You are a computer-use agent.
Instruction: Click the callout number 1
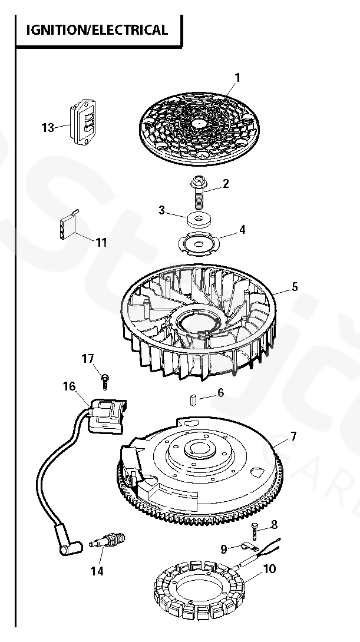pos(237,77)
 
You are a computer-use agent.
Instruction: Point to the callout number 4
pos(242,229)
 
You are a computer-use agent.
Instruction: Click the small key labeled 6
pos(193,400)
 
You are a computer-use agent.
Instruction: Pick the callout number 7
pos(293,436)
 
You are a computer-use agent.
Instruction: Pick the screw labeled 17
pos(104,380)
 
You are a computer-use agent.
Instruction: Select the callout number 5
pos(294,287)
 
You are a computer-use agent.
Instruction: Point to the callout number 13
pos(48,127)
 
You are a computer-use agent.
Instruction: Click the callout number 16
pos(70,386)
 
